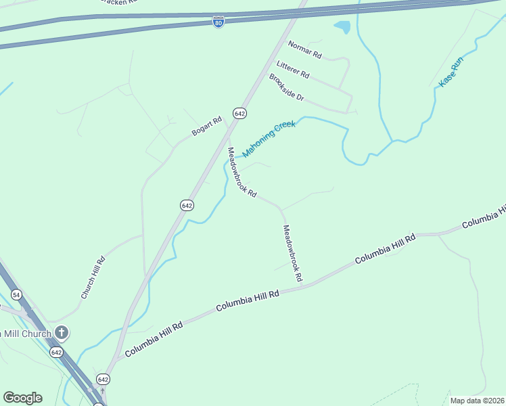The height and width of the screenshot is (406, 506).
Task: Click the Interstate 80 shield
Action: pyautogui.click(x=218, y=22)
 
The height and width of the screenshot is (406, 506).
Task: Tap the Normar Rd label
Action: pyautogui.click(x=304, y=49)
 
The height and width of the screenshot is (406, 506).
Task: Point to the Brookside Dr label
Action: pyautogui.click(x=287, y=87)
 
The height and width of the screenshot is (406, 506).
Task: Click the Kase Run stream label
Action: pyautogui.click(x=451, y=71)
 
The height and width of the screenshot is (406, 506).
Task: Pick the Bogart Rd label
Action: pyautogui.click(x=206, y=127)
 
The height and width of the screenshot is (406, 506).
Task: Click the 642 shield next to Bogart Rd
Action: pyautogui.click(x=239, y=114)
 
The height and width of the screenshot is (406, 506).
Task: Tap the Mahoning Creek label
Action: pyautogui.click(x=269, y=139)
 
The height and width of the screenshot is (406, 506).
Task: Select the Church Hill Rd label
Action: pyautogui.click(x=93, y=277)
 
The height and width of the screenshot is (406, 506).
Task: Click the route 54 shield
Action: pyautogui.click(x=16, y=294)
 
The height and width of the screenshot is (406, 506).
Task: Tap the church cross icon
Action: pyautogui.click(x=62, y=332)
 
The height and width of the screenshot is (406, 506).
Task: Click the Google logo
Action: pyautogui.click(x=22, y=398)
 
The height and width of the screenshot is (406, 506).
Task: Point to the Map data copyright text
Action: pyautogui.click(x=478, y=401)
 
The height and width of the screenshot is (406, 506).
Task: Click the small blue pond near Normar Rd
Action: pyautogui.click(x=342, y=28)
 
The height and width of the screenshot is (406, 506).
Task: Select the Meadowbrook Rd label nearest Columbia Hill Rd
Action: pyautogui.click(x=292, y=254)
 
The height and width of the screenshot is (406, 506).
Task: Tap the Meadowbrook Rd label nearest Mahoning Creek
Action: pyautogui.click(x=241, y=173)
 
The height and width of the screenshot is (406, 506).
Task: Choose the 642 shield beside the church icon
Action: pyautogui.click(x=56, y=353)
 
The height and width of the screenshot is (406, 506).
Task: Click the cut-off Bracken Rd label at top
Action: pyautogui.click(x=118, y=2)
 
